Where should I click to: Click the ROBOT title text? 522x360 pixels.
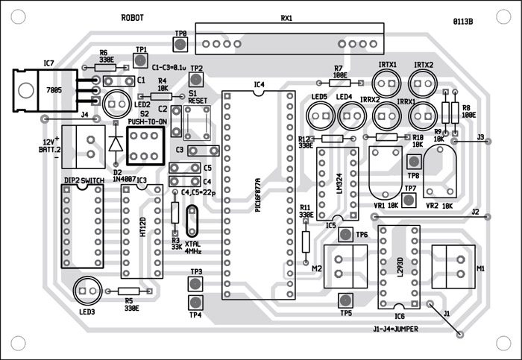(132, 17)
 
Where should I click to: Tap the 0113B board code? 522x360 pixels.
(462, 22)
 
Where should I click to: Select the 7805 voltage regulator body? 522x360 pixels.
(34, 89)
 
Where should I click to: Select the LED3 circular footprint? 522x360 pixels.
(84, 288)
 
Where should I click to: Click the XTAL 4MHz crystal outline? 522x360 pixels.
(192, 222)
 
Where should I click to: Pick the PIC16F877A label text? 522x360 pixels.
(257, 196)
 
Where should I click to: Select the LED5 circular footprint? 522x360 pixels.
(320, 115)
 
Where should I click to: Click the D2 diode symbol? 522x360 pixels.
(116, 142)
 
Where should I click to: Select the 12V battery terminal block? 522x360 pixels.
(80, 146)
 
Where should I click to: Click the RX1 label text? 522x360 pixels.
(286, 18)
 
